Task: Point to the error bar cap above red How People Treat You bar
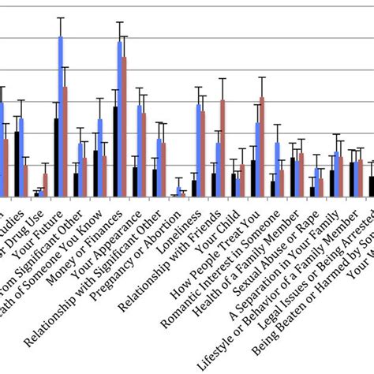pos(262,77)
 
